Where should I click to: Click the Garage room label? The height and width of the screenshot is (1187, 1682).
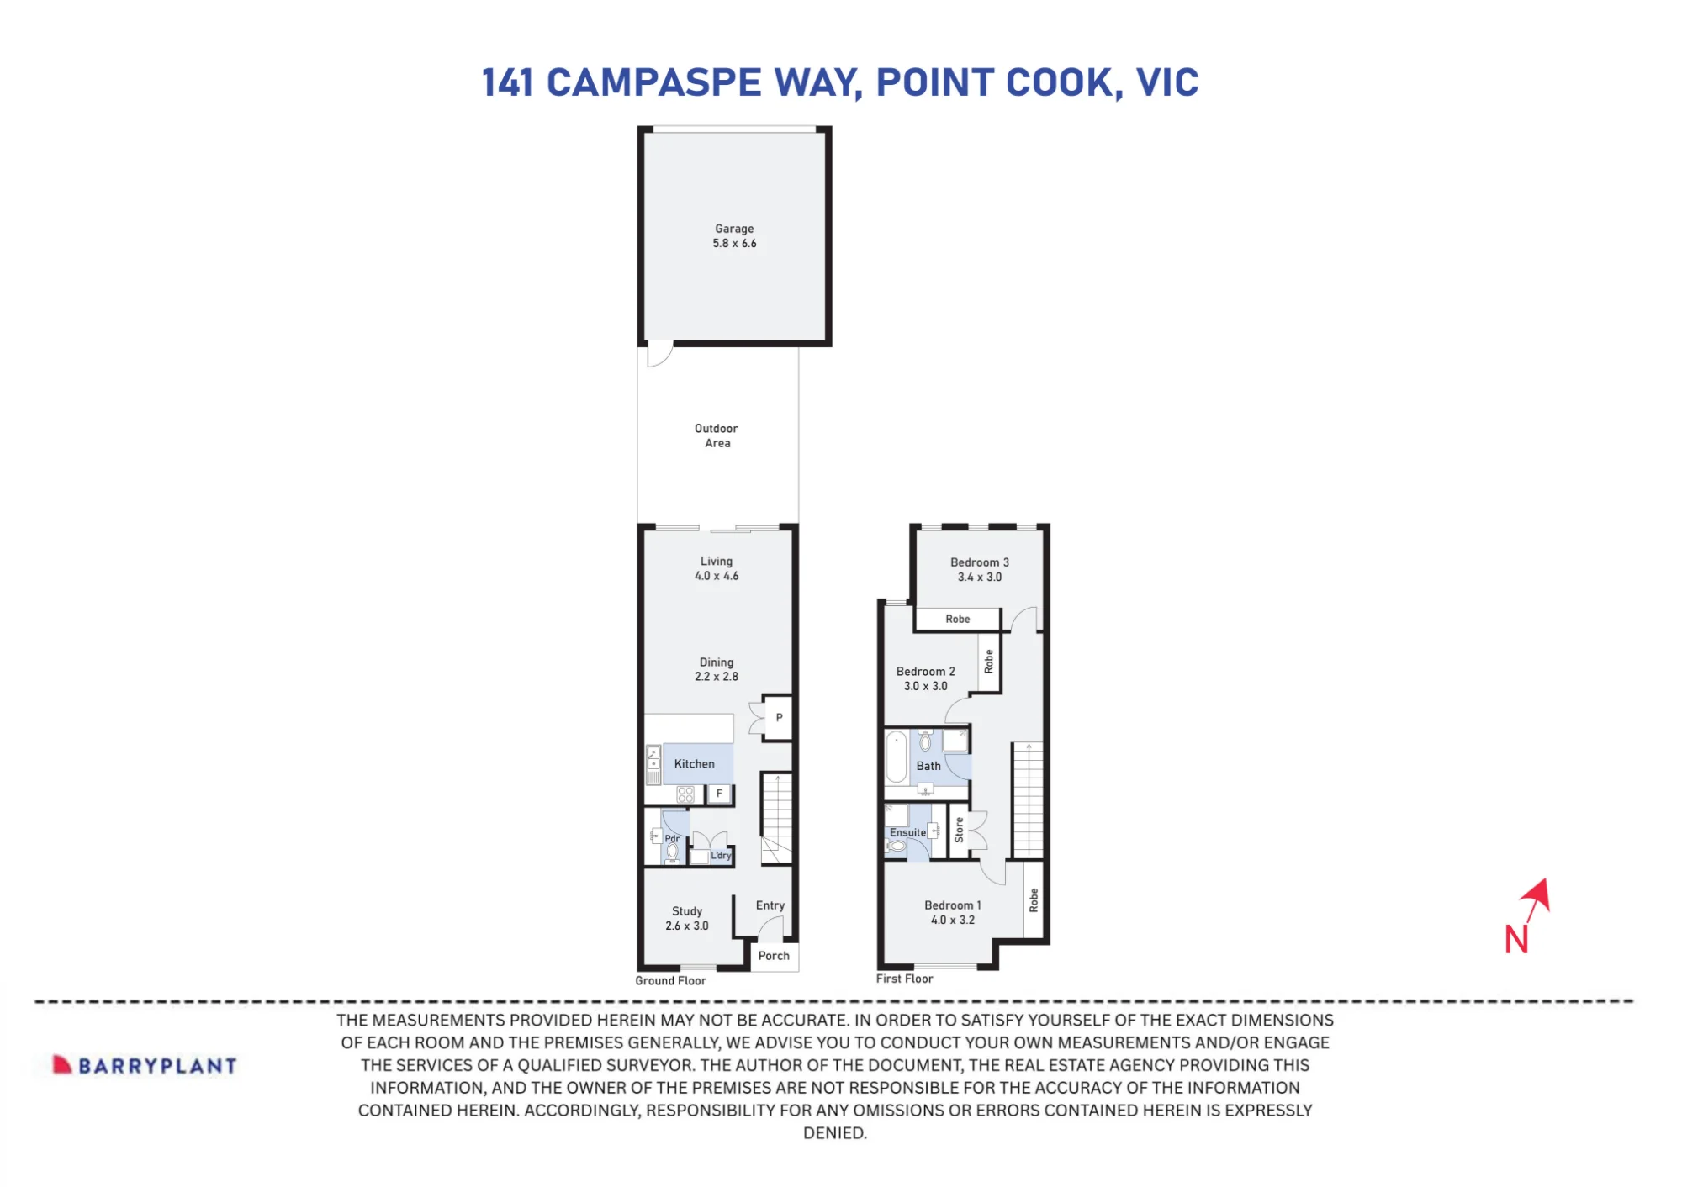tap(734, 229)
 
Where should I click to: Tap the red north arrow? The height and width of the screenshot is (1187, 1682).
tap(1537, 901)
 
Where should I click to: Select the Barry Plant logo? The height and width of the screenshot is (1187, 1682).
tap(145, 1065)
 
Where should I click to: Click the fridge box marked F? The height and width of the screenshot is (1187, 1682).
tap(719, 794)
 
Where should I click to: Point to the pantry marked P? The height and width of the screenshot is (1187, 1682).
tap(778, 718)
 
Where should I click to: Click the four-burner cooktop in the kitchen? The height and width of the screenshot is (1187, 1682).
tap(685, 794)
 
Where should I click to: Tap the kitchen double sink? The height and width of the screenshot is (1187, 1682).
tap(653, 757)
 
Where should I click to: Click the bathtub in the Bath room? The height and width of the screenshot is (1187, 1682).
tap(897, 757)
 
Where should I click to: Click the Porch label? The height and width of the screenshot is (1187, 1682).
tap(774, 956)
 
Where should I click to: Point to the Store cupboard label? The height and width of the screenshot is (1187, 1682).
tap(959, 831)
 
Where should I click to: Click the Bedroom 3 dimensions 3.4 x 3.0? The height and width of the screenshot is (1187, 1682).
tap(980, 578)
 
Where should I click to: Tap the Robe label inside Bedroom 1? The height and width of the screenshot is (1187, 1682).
tap(1034, 900)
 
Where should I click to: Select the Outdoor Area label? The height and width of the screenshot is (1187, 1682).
tap(717, 435)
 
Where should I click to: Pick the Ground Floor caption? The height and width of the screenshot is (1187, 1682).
tap(670, 980)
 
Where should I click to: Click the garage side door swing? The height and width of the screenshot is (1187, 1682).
tap(660, 354)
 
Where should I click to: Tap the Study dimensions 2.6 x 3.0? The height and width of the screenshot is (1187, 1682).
tap(687, 926)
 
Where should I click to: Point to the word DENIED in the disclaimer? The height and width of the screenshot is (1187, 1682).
tap(834, 1133)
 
